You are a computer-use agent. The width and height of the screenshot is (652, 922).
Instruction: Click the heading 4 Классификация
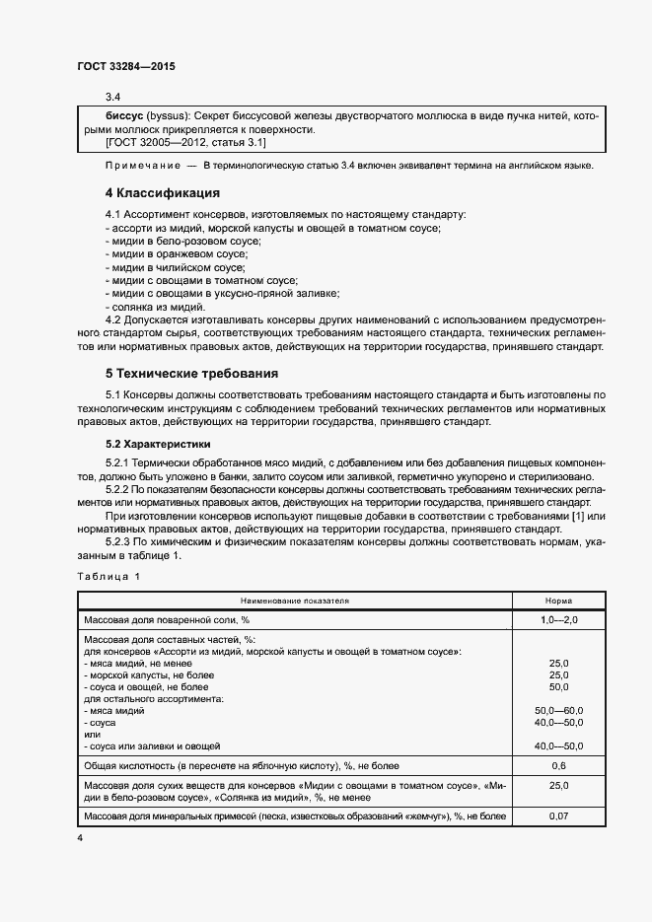point(162,192)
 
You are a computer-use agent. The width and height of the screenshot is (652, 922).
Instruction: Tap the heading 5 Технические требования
point(190,374)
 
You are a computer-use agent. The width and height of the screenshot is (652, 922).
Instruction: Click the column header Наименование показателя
point(294,600)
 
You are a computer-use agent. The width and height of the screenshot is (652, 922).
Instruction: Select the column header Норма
point(558,600)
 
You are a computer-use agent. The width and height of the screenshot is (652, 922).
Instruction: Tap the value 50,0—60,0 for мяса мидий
point(558,710)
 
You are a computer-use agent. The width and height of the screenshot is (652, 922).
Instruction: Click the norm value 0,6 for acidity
point(558,765)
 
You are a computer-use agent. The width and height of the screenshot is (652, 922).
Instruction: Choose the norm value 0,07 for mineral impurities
point(558,816)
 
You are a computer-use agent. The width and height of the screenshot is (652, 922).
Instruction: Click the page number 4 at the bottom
point(80,837)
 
